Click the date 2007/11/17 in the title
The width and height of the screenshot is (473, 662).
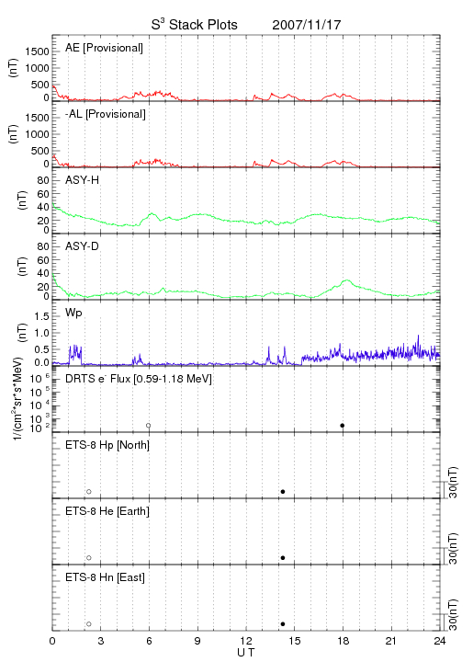(x=307, y=25)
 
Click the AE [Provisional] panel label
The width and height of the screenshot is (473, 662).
(x=104, y=48)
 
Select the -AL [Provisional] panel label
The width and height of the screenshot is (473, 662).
(x=106, y=114)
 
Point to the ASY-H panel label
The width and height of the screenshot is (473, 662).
(x=82, y=180)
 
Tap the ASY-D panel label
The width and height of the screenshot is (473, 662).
(x=82, y=246)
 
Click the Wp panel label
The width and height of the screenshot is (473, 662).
(x=73, y=313)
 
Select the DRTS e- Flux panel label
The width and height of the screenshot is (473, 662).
(x=139, y=378)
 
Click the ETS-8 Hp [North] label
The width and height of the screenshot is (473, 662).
(x=107, y=445)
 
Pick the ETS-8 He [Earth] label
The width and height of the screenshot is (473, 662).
(x=107, y=511)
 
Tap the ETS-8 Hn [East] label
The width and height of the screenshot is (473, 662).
(x=105, y=577)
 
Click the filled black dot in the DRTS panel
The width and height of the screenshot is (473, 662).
(x=343, y=425)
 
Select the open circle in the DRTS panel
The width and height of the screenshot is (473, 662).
(x=149, y=425)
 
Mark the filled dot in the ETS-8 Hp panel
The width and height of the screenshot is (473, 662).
(x=283, y=491)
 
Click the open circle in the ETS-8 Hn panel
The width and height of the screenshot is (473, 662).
(x=89, y=623)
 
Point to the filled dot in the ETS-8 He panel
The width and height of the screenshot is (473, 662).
(x=283, y=558)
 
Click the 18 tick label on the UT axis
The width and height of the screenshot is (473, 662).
(x=343, y=641)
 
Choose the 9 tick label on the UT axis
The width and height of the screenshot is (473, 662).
(x=197, y=641)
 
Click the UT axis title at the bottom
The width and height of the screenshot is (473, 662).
(x=246, y=653)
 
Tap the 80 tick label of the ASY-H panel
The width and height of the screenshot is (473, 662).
(x=43, y=180)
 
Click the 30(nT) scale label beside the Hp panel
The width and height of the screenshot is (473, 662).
(x=453, y=482)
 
